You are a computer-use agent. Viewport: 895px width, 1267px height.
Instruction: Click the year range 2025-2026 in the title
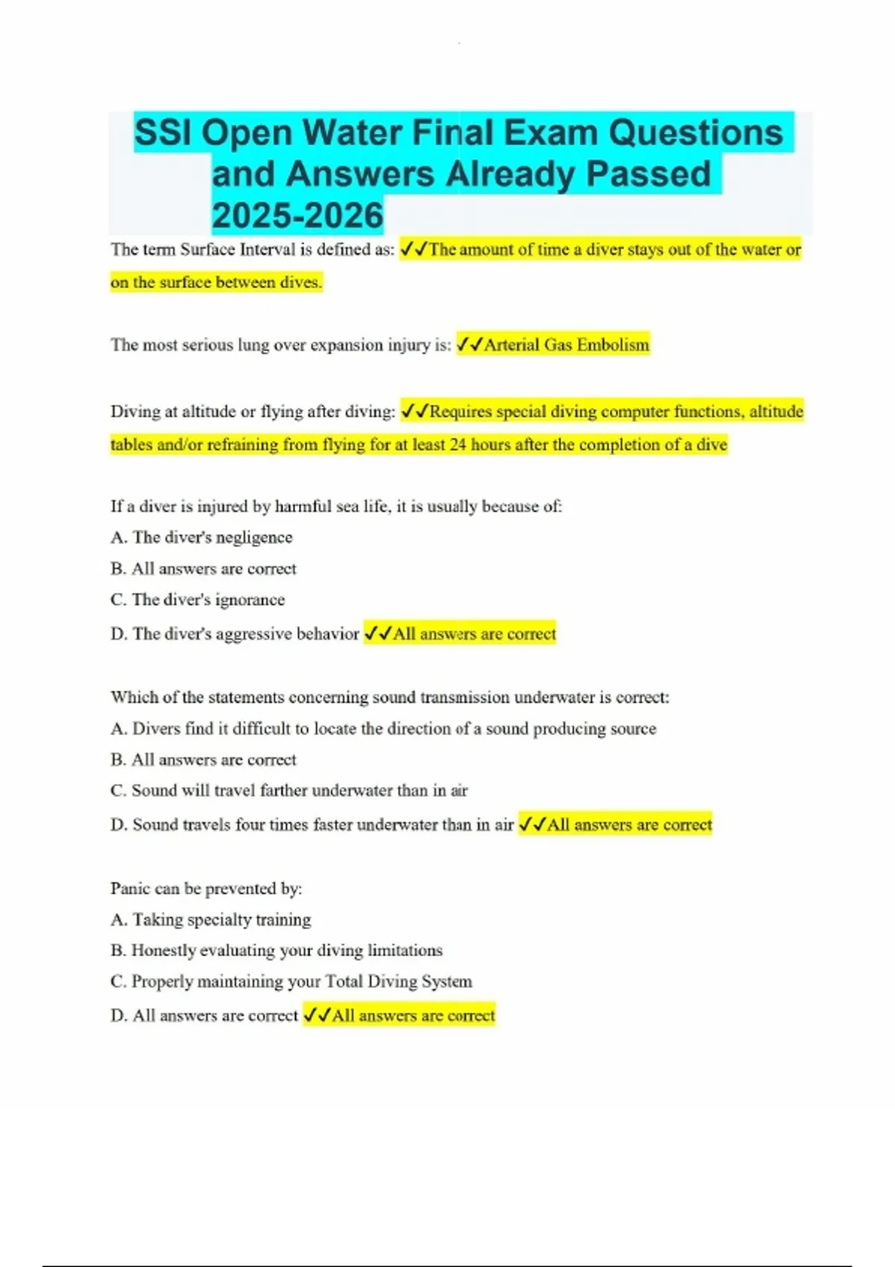click(297, 215)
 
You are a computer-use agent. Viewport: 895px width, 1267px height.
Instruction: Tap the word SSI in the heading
click(163, 133)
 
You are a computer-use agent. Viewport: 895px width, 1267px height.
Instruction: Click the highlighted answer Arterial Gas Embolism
click(567, 345)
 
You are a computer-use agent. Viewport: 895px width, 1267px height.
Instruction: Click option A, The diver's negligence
click(201, 537)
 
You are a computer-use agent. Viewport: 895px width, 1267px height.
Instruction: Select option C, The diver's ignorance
click(198, 600)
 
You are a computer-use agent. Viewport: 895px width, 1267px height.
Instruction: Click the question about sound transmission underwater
click(389, 698)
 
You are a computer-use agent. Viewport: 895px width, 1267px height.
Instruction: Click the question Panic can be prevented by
click(206, 888)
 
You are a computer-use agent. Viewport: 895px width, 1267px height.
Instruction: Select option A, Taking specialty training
click(210, 920)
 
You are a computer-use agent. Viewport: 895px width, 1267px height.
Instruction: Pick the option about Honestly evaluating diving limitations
click(276, 951)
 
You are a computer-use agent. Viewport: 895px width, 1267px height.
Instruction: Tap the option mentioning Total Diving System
click(291, 982)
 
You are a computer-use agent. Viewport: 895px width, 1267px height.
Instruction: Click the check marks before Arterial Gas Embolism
click(469, 345)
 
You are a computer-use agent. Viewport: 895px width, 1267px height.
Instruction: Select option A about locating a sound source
click(383, 729)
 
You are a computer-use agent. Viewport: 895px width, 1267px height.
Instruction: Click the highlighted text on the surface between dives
click(216, 282)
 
